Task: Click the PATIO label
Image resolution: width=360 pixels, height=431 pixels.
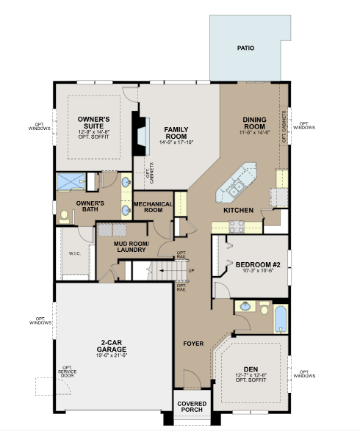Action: point(245,48)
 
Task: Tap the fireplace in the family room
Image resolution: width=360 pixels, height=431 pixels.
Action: point(141,134)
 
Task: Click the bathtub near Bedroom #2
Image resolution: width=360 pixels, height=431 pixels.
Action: point(281,319)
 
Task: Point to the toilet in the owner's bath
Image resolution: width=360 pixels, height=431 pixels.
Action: point(65,217)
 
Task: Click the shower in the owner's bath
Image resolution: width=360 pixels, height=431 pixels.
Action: point(71,181)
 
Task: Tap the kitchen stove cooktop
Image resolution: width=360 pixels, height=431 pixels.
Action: point(237,227)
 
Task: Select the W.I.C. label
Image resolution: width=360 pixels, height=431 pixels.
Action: point(75,253)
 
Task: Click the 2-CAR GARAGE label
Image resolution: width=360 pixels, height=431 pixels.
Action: point(112,346)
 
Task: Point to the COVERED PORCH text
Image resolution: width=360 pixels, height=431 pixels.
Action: point(192,407)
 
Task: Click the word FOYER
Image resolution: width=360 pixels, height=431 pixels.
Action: point(193,344)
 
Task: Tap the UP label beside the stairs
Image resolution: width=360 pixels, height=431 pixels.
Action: point(192,271)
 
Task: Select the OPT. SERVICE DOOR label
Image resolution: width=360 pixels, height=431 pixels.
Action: point(67,372)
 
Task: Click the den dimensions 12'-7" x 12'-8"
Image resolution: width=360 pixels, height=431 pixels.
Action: point(251,375)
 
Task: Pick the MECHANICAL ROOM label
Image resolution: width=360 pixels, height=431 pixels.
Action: point(154,207)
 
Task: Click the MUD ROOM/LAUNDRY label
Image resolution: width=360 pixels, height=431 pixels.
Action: point(132,247)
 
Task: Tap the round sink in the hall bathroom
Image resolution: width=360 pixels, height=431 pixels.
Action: point(245,306)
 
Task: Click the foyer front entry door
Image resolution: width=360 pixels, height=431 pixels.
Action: point(192,380)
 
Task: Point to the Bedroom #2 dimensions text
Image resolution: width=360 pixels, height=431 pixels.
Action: point(258,270)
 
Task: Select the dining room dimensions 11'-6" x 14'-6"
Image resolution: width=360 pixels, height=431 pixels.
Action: point(254,132)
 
